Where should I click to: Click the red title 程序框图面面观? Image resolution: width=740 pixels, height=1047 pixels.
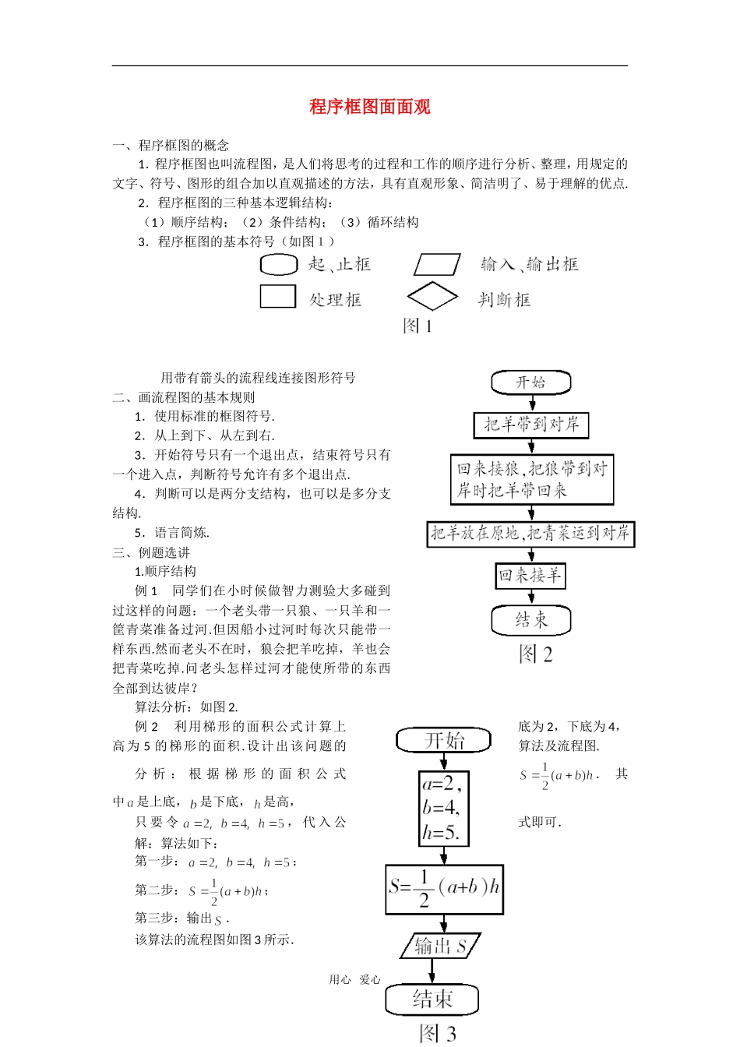point(370,107)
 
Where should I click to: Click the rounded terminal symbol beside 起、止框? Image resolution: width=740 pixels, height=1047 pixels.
point(278,265)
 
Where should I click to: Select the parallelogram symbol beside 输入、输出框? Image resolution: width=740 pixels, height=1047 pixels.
point(437,265)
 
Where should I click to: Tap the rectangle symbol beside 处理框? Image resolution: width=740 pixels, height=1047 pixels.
point(277,297)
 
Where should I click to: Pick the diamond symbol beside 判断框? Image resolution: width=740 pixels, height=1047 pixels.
point(432,297)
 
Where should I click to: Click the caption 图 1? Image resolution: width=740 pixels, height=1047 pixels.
point(418,326)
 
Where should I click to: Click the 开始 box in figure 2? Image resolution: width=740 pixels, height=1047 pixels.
point(531,382)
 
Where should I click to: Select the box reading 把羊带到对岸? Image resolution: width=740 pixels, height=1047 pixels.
point(531,425)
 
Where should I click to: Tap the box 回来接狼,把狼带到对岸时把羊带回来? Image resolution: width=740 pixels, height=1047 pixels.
point(532,479)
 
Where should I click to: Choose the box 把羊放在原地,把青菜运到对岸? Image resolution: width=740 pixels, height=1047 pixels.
point(530,534)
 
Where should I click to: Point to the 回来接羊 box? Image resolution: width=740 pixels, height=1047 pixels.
point(530,576)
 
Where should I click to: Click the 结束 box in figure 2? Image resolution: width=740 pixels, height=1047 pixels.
point(531,620)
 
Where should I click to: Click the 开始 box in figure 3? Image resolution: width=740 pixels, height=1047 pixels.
point(444,740)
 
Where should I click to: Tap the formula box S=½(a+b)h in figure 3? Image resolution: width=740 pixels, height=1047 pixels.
point(444,889)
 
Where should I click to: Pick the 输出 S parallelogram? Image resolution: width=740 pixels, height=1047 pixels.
point(440,946)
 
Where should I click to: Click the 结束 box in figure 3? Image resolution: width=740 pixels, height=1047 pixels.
point(432,999)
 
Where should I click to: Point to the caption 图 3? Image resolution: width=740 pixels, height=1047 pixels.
point(437,1034)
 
